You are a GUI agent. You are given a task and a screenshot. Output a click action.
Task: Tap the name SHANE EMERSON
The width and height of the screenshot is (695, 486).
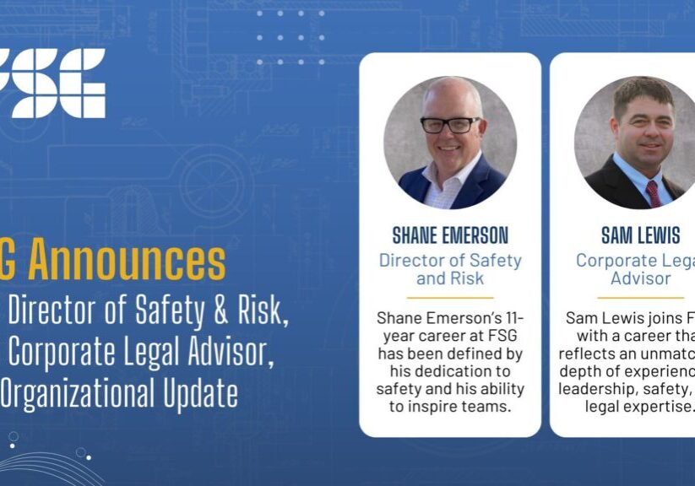tap(450, 235)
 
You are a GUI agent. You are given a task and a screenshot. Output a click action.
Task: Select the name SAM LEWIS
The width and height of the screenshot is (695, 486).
tap(640, 235)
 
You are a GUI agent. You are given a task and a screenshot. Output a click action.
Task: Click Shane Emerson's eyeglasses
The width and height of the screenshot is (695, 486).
tap(450, 125)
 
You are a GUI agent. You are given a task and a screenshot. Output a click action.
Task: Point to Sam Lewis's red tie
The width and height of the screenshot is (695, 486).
tap(654, 192)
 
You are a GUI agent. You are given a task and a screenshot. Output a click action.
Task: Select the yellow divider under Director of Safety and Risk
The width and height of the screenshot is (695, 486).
tap(449, 298)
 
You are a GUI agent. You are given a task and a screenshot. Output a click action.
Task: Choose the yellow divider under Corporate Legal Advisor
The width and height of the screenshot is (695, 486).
tap(640, 298)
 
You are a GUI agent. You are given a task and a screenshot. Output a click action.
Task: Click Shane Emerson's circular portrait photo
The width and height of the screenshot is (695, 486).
tap(450, 143)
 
